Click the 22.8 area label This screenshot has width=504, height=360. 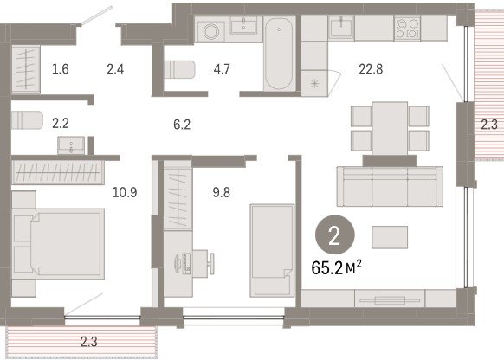coord(371,69)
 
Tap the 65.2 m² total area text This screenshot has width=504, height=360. coord(336,268)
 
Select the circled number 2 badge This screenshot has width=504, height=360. coord(334,235)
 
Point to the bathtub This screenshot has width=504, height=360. coord(279,54)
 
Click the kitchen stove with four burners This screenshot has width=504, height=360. coord(407,29)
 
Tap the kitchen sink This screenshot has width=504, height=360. coord(341,27)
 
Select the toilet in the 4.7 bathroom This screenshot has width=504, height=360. coord(179,69)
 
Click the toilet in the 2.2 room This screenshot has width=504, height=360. coord(27,119)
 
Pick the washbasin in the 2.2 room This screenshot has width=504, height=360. coord(71,145)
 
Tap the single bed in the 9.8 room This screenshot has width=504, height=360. coord(272,250)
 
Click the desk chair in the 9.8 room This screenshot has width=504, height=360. coord(211,263)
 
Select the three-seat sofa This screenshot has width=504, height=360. coord(390,186)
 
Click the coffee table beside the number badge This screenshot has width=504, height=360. coord(390,237)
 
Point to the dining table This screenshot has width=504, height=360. coord(390,128)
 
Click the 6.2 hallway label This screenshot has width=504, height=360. coord(182,125)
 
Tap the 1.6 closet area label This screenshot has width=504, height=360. coord(61,69)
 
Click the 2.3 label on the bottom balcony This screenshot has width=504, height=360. coord(89,342)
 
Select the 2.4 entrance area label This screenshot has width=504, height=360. coord(115,69)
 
